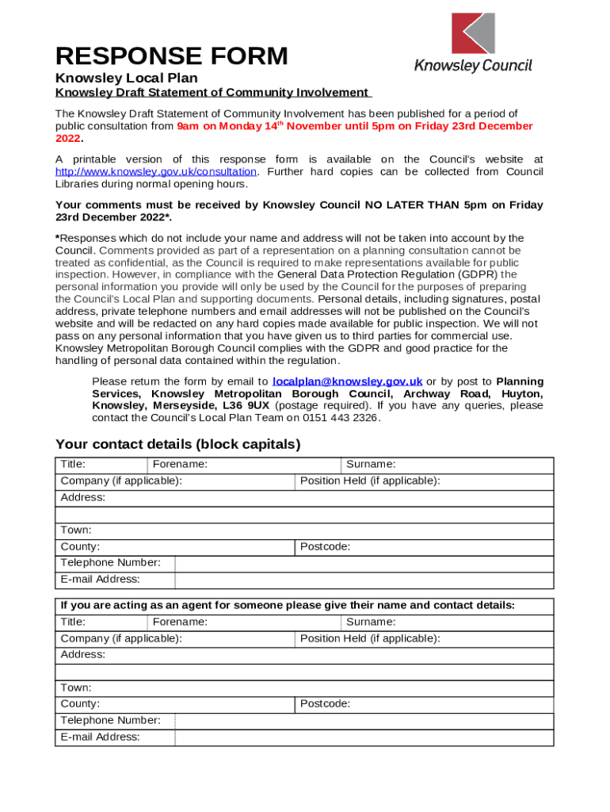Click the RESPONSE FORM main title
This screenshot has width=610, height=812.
171,56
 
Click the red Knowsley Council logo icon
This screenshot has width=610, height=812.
473,33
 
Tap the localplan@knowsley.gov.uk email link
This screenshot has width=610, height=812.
347,381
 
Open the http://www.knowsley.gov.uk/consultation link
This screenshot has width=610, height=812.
156,171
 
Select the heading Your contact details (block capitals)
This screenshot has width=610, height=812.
177,444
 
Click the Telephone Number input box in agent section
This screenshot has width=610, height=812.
364,721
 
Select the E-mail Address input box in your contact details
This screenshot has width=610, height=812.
364,580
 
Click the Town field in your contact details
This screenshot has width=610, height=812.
305,530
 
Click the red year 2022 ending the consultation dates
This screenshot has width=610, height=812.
68,139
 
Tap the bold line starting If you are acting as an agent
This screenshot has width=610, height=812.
288,605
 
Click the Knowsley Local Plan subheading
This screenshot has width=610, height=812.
126,79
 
